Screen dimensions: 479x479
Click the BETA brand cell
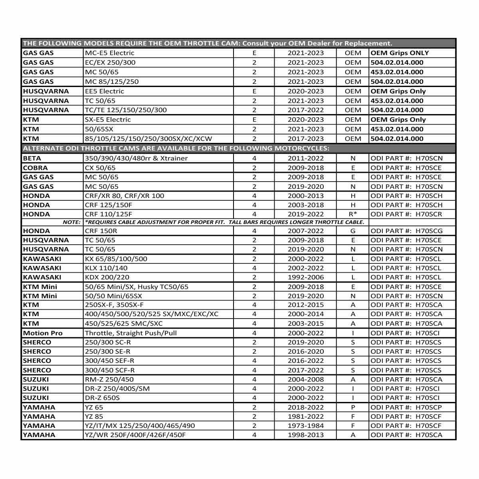pyautogui.click(x=32, y=158)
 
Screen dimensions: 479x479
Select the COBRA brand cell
pyautogui.click(x=35, y=168)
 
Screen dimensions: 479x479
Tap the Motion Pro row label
pyautogui.click(x=43, y=333)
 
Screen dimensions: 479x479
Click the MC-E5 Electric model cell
pyautogui.click(x=110, y=53)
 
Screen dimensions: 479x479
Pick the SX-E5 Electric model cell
pyautogui.click(x=108, y=120)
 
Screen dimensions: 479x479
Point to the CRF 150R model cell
pyautogui.click(x=101, y=231)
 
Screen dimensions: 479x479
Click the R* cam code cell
pyautogui.click(x=353, y=214)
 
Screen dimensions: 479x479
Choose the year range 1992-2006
pyautogui.click(x=306, y=277)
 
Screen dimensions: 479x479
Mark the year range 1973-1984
pyautogui.click(x=306, y=426)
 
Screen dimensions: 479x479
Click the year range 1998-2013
pyautogui.click(x=306, y=435)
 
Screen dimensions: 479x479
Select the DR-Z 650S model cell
pyautogui.click(x=102, y=398)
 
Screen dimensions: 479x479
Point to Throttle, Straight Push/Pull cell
pyautogui.click(x=131, y=333)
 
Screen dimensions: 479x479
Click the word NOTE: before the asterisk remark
pyautogui.click(x=72, y=222)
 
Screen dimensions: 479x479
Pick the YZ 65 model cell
pyautogui.click(x=94, y=408)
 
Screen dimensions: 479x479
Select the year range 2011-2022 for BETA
pyautogui.click(x=306, y=158)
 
